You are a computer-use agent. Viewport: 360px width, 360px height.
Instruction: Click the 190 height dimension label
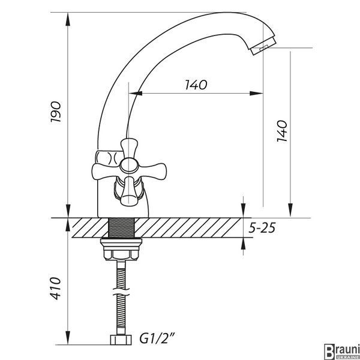[x=56, y=112]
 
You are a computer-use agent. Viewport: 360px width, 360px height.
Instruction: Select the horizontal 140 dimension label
[x=196, y=85]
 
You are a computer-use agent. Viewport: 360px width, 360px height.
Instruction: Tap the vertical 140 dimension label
[x=282, y=131]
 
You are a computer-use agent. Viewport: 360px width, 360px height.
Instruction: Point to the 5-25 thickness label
[x=262, y=228]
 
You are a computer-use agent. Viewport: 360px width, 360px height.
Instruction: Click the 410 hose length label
[x=56, y=288]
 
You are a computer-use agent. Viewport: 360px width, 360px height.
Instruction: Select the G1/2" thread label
[x=157, y=338]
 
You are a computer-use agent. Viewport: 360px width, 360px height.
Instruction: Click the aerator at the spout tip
[x=263, y=46]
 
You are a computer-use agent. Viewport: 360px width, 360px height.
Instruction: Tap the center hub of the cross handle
[x=129, y=165]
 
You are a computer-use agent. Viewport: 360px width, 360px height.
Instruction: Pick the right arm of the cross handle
[x=152, y=170]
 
